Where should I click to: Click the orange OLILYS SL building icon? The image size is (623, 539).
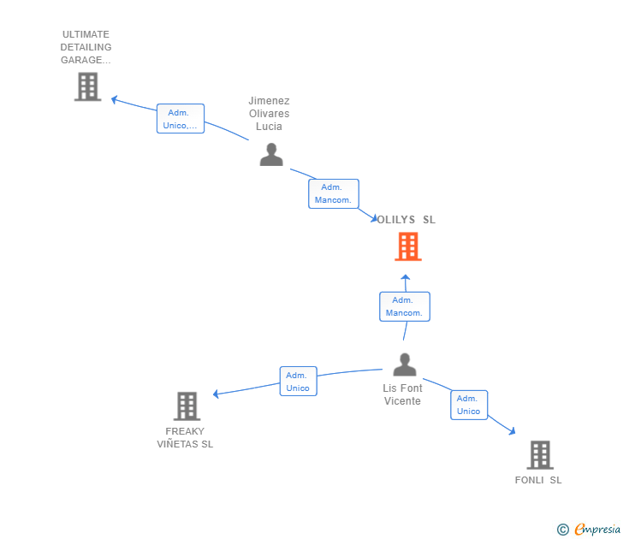click(x=408, y=246)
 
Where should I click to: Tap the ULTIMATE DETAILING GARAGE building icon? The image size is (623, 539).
click(x=87, y=86)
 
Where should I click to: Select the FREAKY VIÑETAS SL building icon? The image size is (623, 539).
click(x=187, y=406)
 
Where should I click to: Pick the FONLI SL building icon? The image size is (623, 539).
click(x=539, y=454)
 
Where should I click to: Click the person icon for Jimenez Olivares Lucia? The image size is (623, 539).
click(x=271, y=155)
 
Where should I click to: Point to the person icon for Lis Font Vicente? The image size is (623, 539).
click(x=404, y=364)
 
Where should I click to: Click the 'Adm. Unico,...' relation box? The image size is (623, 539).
click(x=181, y=119)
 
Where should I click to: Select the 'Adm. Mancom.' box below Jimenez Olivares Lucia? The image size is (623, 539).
click(x=333, y=193)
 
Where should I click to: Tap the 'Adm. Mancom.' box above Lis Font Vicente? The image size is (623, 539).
click(x=404, y=306)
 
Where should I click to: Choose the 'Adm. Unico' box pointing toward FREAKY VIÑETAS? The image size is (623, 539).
click(x=298, y=382)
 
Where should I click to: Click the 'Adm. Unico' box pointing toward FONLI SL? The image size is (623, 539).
click(x=468, y=405)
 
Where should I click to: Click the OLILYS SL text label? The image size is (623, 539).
click(x=407, y=220)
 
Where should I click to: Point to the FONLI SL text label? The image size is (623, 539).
click(x=538, y=480)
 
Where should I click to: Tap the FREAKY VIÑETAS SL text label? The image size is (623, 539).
click(x=186, y=437)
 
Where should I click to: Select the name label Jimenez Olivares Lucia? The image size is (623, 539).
click(x=269, y=113)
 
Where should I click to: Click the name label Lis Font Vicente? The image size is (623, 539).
click(x=402, y=394)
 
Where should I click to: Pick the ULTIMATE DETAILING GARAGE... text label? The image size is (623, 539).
click(x=86, y=47)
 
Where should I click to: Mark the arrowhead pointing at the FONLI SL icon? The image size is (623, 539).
click(x=512, y=432)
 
